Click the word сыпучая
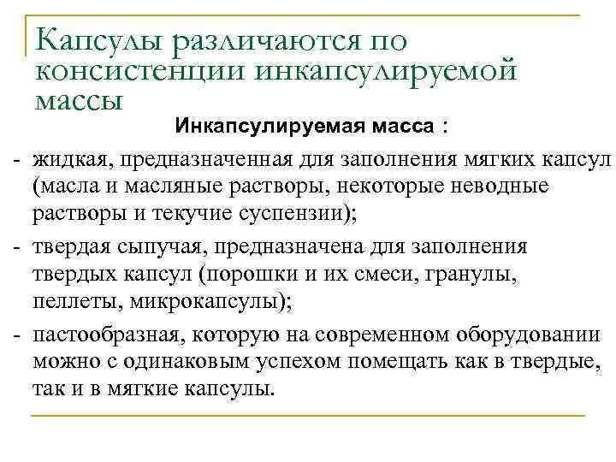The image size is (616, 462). pyautogui.click(x=156, y=247)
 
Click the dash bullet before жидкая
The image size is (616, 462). pyautogui.click(x=16, y=159)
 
